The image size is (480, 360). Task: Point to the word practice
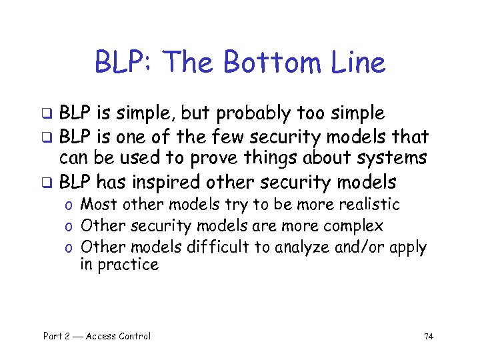128,265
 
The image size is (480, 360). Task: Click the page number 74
428,337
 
